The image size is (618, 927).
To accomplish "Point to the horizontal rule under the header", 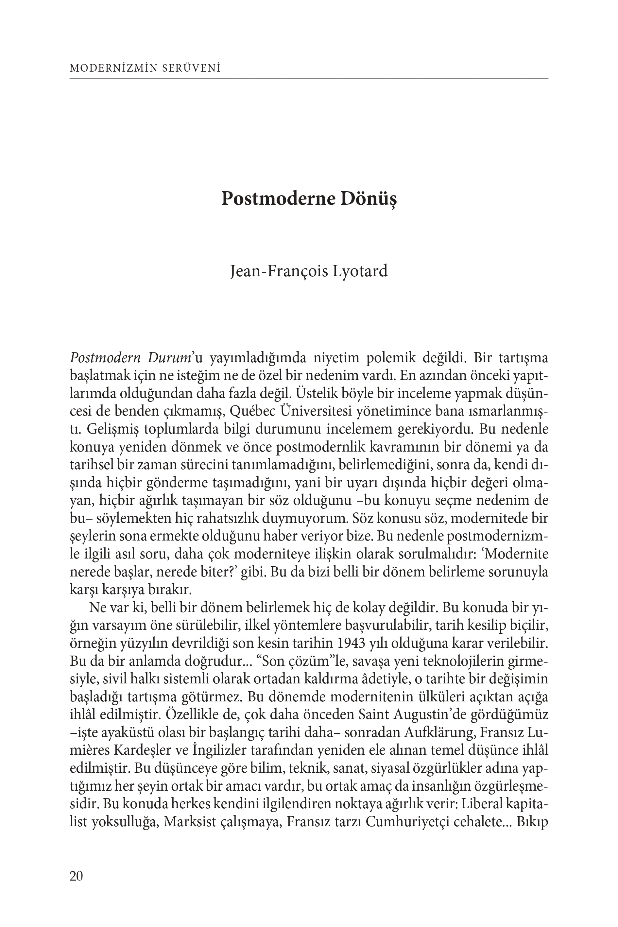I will (x=309, y=79).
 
